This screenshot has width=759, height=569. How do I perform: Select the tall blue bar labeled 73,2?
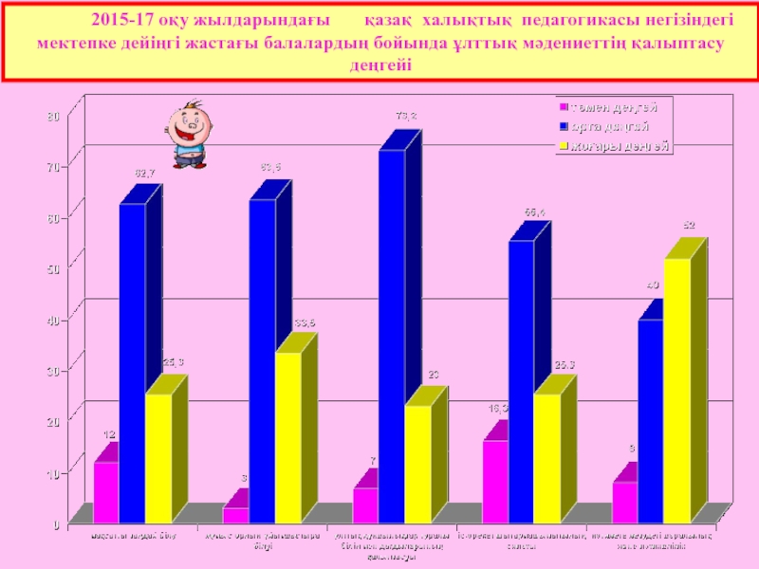tap(392, 332)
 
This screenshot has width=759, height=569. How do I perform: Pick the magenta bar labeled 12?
tap(106, 490)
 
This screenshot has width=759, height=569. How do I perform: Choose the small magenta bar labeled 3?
tap(236, 514)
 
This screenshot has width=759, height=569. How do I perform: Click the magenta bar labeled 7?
tap(365, 504)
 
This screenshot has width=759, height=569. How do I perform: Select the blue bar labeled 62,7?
tap(132, 360)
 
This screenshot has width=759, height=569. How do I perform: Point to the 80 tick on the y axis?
tap(53, 116)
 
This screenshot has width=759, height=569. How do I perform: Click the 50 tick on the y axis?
tap(53, 269)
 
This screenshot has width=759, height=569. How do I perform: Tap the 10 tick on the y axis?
tap(53, 473)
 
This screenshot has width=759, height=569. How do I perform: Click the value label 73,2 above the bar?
tap(406, 116)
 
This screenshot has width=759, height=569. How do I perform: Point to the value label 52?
tap(689, 226)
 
